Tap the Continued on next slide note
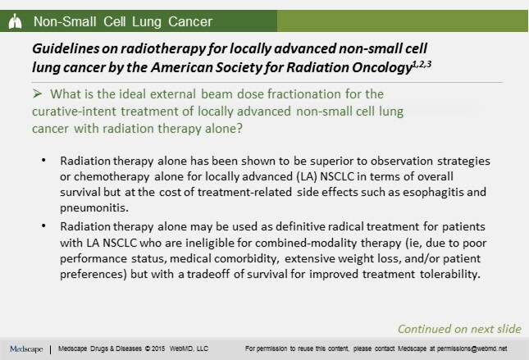(458, 328)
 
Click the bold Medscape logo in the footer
(26, 349)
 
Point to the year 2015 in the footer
(161, 349)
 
